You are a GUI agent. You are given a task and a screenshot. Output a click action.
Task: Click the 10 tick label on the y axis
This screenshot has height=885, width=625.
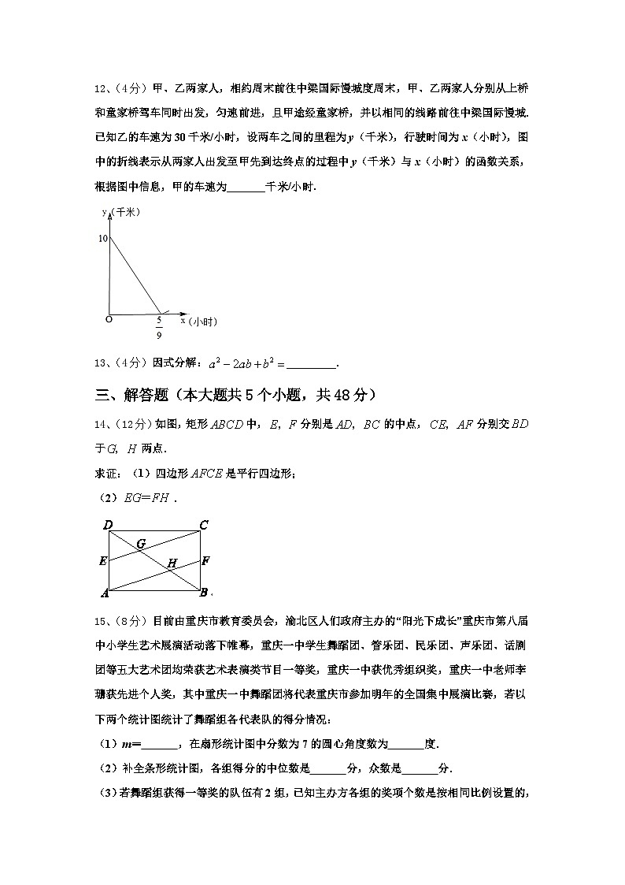click(x=102, y=237)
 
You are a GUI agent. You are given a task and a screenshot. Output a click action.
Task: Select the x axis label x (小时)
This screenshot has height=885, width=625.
click(x=198, y=321)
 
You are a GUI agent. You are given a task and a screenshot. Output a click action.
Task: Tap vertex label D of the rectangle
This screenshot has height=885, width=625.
click(x=107, y=525)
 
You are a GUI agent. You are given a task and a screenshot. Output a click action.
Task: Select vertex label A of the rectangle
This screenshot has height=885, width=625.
click(x=105, y=593)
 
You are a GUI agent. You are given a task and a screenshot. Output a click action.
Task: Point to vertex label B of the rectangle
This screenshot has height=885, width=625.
click(x=203, y=593)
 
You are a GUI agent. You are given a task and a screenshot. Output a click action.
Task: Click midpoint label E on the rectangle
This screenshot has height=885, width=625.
click(x=102, y=561)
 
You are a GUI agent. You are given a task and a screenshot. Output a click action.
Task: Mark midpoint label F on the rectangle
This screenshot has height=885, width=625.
click(x=205, y=561)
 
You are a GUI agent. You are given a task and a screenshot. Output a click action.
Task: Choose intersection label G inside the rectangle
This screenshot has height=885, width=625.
click(x=141, y=543)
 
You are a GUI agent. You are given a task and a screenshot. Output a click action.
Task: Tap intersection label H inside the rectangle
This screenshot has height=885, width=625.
click(x=171, y=563)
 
